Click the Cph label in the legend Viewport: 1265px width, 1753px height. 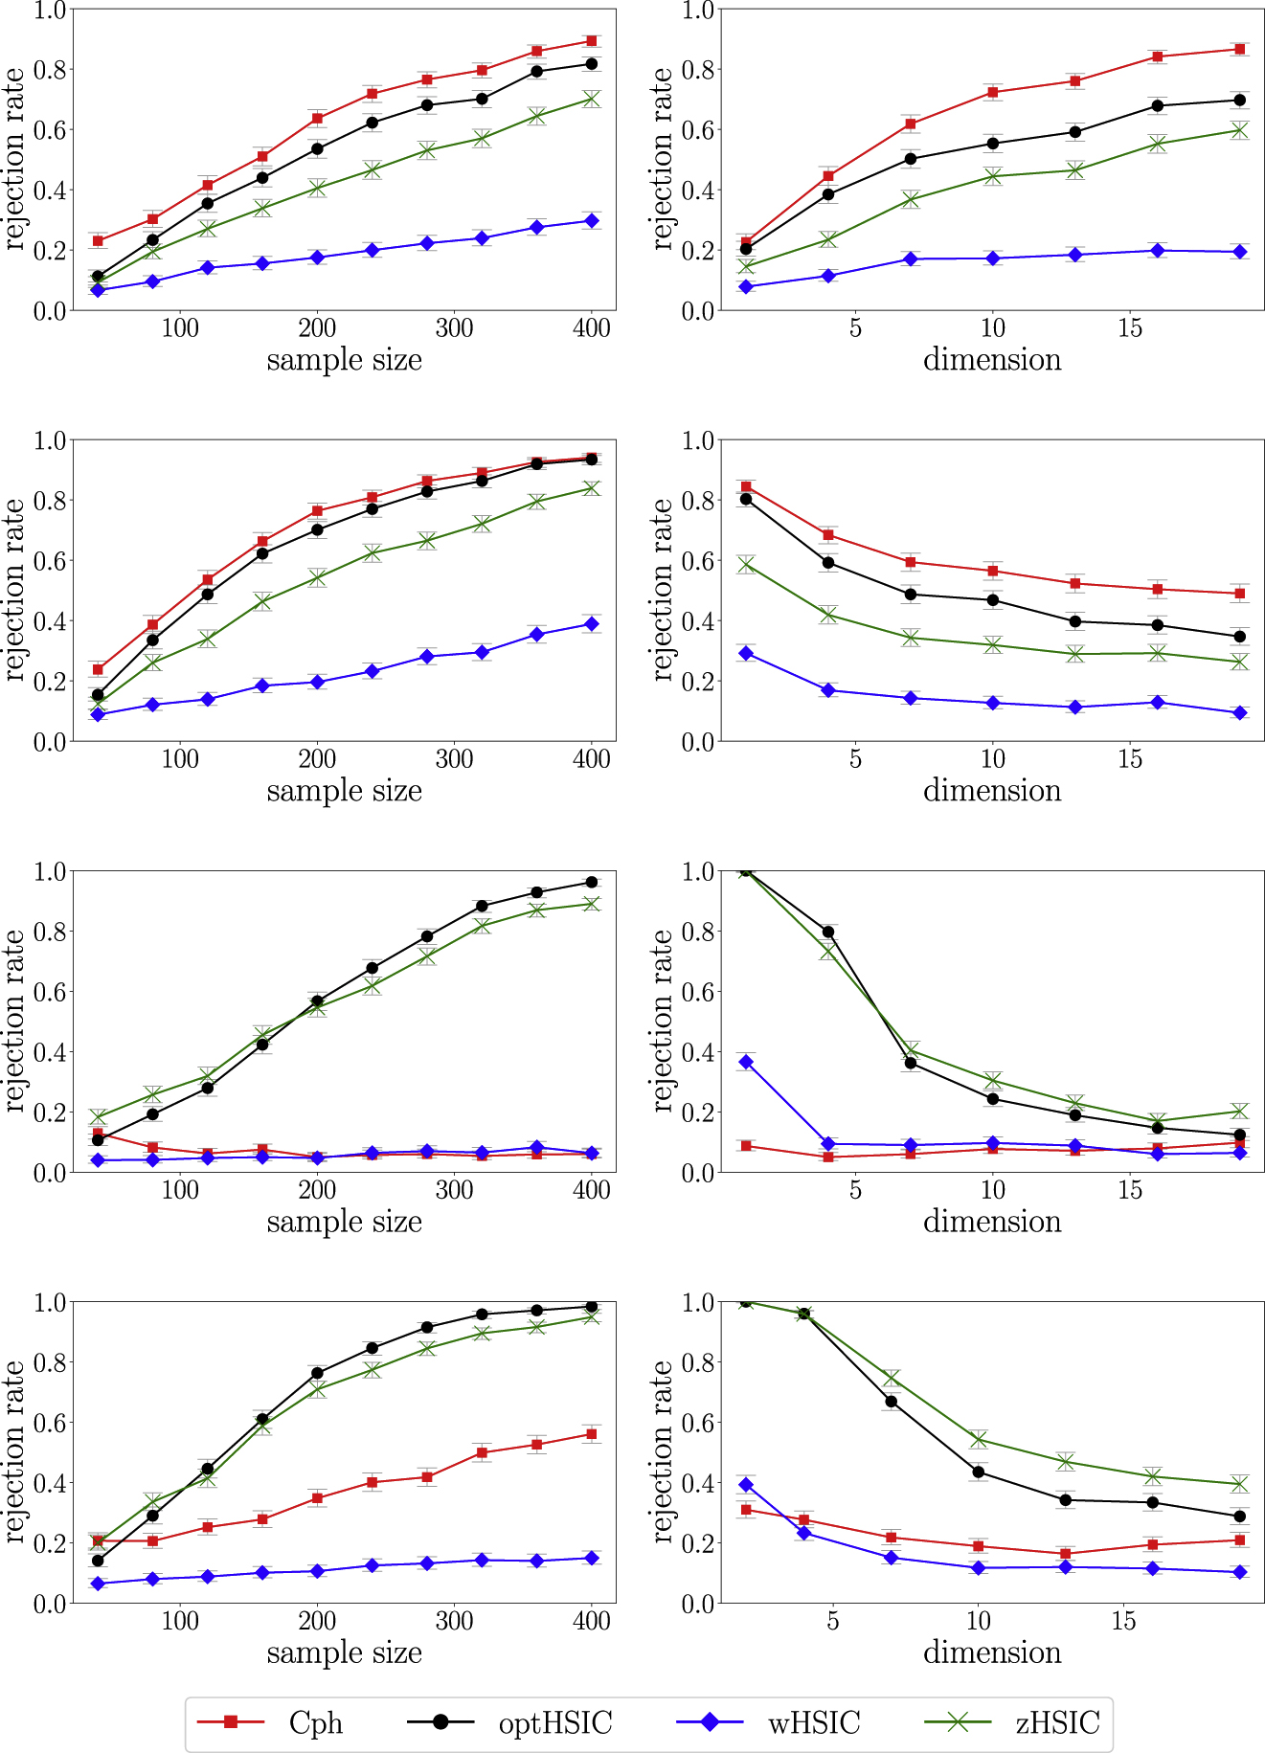coord(315,1722)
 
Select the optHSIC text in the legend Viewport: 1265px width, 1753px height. coord(554,1722)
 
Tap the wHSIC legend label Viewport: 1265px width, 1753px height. coord(814,1722)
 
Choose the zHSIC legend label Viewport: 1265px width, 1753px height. coord(1057,1722)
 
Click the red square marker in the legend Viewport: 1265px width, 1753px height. coord(231,1721)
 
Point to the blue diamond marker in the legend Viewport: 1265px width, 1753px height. coord(710,1721)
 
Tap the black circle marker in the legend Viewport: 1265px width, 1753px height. coord(440,1721)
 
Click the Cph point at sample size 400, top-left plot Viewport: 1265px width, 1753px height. coord(592,41)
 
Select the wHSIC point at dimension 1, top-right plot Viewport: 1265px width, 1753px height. coord(746,286)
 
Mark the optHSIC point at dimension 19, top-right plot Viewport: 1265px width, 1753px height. coord(1240,100)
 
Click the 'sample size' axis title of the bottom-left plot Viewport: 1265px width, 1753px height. coord(344,1652)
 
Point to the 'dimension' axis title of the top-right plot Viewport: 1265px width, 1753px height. coord(992,360)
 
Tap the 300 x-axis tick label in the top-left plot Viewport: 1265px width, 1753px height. coord(454,328)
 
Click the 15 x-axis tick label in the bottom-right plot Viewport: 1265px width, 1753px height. coord(1123,1621)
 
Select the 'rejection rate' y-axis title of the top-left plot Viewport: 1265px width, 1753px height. coord(15,159)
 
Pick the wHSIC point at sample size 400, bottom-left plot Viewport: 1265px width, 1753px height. coord(592,1558)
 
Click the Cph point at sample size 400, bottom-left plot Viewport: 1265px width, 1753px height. coord(592,1434)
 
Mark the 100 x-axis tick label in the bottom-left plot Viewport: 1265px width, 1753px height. coord(180,1621)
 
